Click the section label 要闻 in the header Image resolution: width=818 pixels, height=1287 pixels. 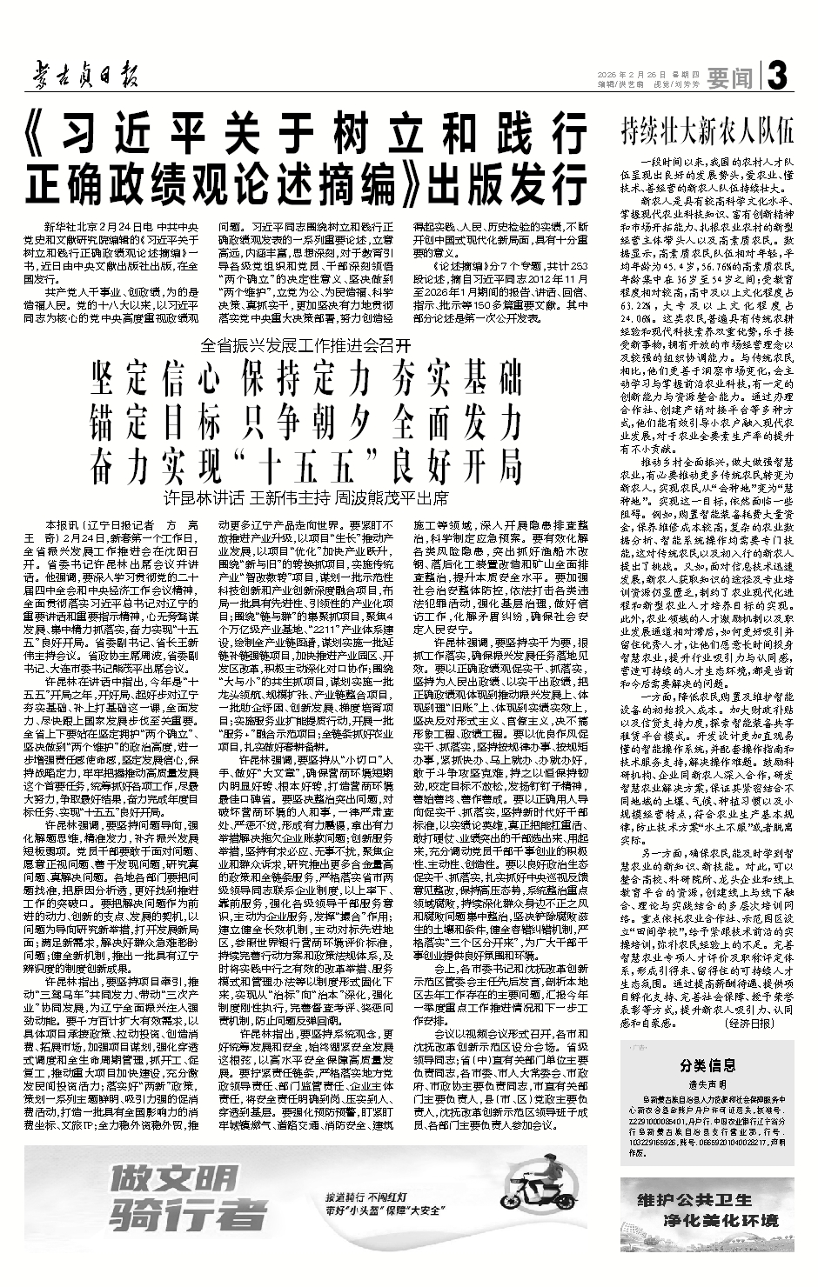[x=730, y=79]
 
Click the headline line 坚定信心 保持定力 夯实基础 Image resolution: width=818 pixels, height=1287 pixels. [x=305, y=379]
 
